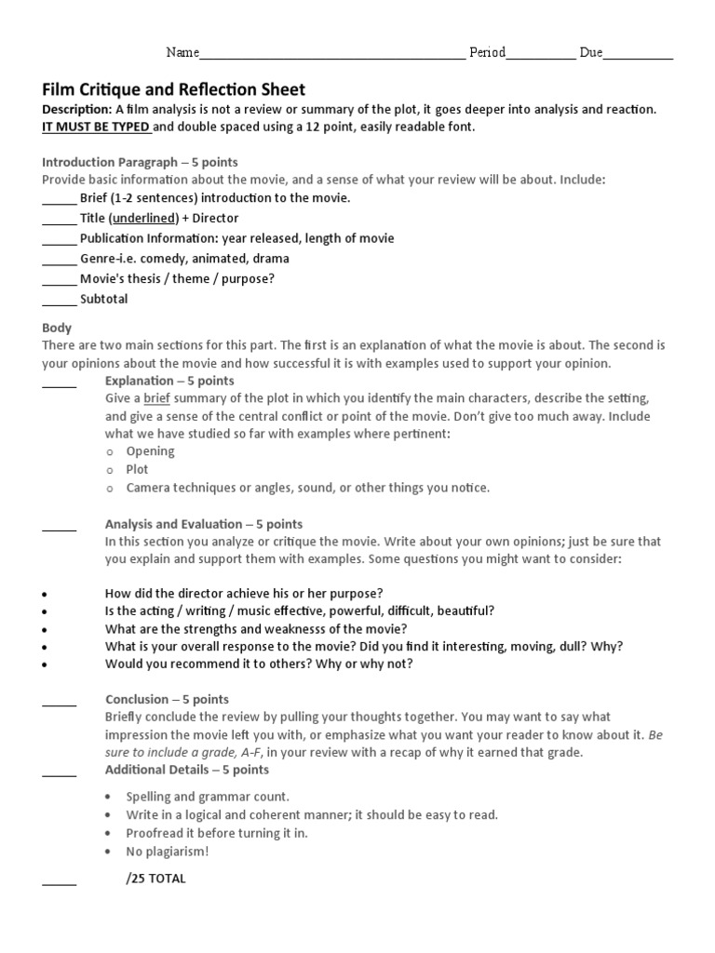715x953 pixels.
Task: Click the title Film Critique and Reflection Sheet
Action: [174, 89]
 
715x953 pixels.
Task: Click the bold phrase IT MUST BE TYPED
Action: [96, 128]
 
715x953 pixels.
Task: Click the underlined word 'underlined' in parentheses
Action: [144, 218]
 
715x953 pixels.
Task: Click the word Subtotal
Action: [104, 300]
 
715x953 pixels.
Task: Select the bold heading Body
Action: [57, 328]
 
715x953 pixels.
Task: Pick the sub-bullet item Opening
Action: [151, 451]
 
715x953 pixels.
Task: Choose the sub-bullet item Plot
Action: [138, 470]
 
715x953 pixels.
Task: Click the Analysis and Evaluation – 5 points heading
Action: [204, 524]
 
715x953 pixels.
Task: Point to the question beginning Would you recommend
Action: [259, 664]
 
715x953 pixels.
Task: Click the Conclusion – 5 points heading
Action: [167, 699]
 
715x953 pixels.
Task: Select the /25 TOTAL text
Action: [155, 879]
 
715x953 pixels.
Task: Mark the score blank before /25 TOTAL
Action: [59, 881]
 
